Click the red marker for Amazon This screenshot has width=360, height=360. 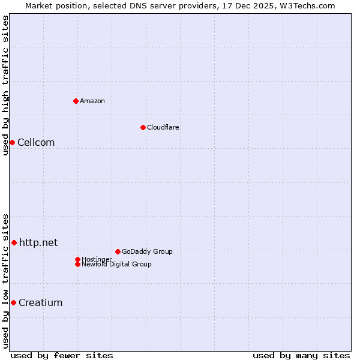(x=76, y=101)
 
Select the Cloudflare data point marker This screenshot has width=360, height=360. (x=143, y=127)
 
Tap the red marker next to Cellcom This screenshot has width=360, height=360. (x=12, y=142)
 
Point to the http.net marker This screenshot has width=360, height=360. (x=14, y=242)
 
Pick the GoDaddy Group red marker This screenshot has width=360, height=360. (x=118, y=251)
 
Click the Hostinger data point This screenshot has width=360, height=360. (x=77, y=259)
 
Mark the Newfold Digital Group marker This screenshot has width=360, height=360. (x=77, y=264)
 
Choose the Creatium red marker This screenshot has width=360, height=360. (x=13, y=302)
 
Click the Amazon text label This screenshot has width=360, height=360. (x=92, y=101)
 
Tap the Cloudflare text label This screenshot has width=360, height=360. (x=163, y=127)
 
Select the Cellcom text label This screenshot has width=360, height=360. (x=36, y=142)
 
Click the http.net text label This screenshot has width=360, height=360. (x=38, y=242)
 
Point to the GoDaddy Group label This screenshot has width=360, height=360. (x=147, y=251)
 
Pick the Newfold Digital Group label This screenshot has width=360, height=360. (x=116, y=264)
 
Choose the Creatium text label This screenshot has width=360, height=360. (x=40, y=302)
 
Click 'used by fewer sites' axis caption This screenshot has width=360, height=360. (x=62, y=355)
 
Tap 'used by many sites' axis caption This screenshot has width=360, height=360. (x=301, y=355)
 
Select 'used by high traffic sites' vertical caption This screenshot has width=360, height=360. (x=5, y=85)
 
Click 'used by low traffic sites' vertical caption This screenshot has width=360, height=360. (x=5, y=281)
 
